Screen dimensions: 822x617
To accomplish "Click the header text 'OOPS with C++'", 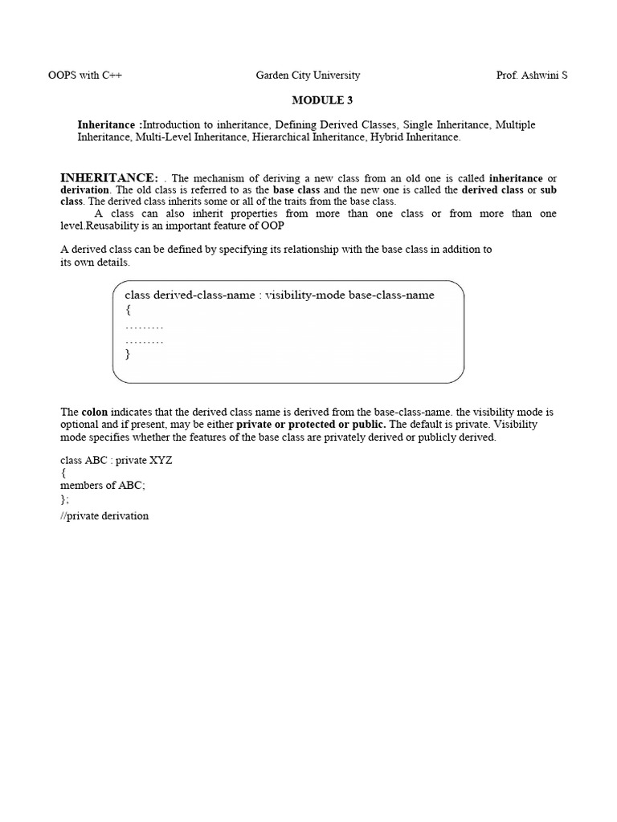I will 85,75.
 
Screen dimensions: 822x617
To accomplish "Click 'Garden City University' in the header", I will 308,75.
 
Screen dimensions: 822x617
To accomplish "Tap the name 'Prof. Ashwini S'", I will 532,75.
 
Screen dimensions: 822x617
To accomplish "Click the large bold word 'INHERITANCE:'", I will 109,177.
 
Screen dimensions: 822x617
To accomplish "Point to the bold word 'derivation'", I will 84,189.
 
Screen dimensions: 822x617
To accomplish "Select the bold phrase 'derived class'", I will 491,189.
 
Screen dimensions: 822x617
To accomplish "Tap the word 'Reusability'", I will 123,225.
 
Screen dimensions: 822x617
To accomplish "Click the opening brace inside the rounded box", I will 128,309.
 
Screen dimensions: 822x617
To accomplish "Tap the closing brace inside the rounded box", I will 128,353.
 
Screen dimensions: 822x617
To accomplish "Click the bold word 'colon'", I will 95,412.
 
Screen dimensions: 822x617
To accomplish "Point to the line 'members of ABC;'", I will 103,485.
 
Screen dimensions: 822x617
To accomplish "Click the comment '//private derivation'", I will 104,515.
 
